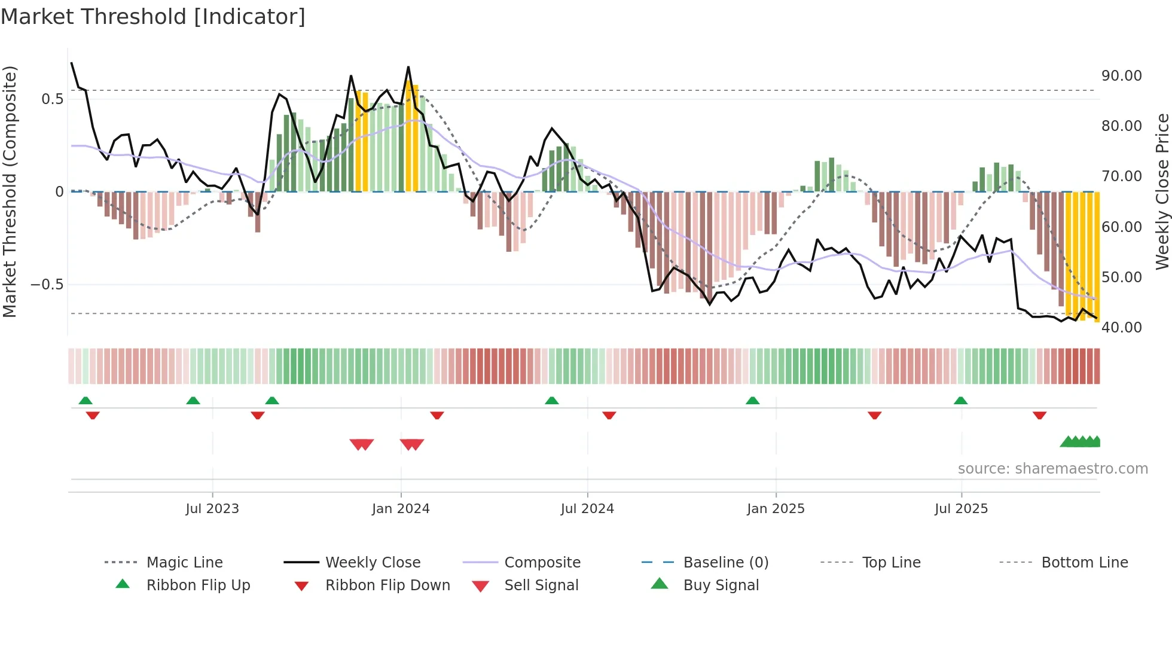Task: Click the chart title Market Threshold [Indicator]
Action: (153, 17)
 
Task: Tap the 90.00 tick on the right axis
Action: (1121, 76)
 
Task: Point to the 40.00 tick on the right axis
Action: (1121, 328)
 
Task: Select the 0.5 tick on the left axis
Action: (52, 99)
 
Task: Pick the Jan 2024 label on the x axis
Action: (401, 509)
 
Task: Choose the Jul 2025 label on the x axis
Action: (961, 509)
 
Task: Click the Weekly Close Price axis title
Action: (1162, 191)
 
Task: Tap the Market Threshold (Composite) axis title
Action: (10, 191)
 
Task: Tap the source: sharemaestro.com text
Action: (1052, 469)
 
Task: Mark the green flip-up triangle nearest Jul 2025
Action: (960, 401)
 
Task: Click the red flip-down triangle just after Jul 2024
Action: (609, 415)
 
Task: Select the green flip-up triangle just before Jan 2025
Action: (752, 401)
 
